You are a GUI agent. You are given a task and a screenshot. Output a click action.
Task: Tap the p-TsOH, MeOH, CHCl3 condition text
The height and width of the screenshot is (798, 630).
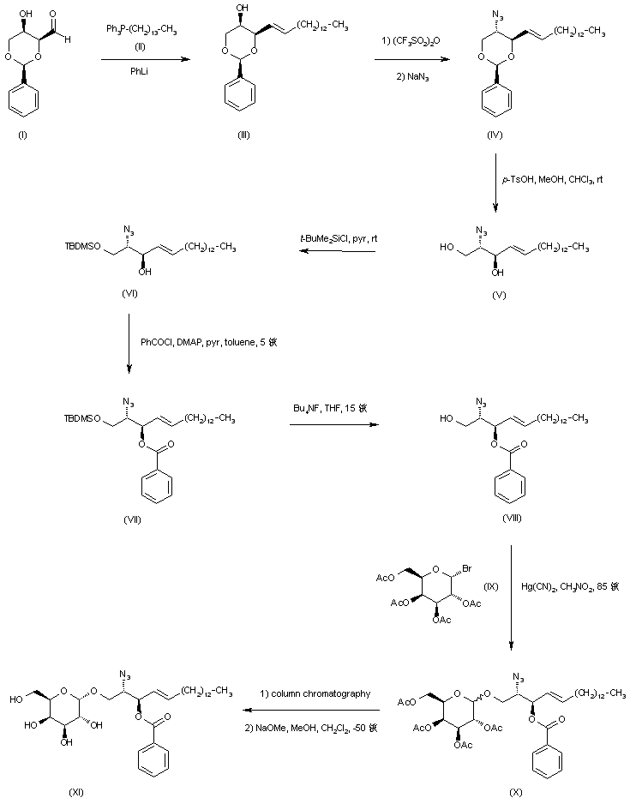(x=552, y=183)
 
